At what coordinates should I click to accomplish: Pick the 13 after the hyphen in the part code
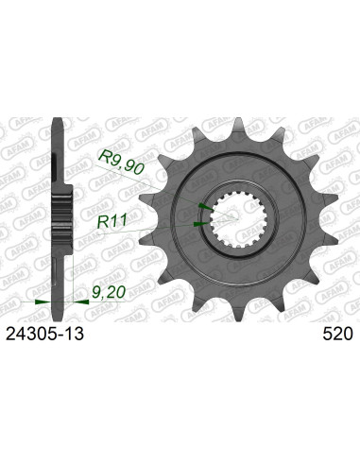tap(78, 335)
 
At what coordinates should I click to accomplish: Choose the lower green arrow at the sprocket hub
tap(196, 224)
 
